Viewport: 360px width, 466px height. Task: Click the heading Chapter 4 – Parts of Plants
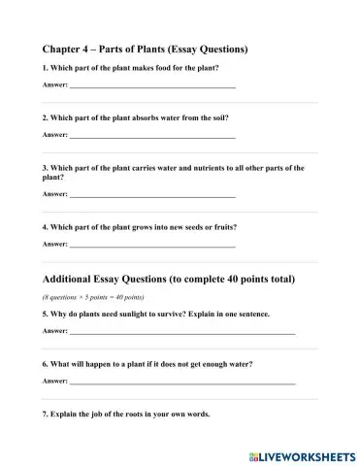point(146,48)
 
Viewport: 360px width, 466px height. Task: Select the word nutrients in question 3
point(191,167)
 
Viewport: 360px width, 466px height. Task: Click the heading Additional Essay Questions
point(169,279)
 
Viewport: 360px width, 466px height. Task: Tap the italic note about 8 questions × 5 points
point(93,296)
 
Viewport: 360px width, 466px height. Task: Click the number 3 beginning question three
point(46,167)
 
